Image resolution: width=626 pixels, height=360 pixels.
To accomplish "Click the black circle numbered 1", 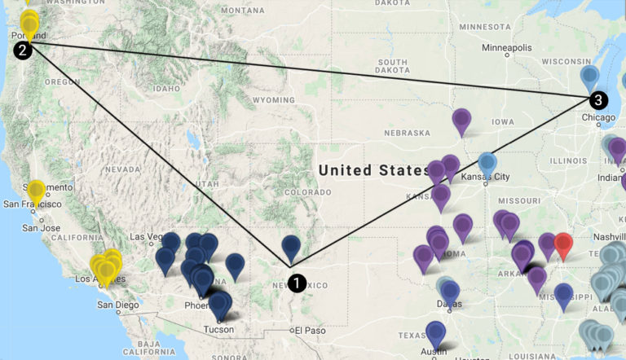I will pyautogui.click(x=298, y=283).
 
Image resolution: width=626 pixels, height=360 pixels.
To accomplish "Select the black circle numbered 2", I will pyautogui.click(x=23, y=50).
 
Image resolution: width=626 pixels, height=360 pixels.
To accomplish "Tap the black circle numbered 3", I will pyautogui.click(x=598, y=100).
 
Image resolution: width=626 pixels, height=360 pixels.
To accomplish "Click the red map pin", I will pyautogui.click(x=563, y=244).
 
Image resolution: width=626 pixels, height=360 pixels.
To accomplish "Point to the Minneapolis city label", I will pyautogui.click(x=505, y=48).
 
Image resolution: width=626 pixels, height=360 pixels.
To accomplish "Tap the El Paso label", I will pyautogui.click(x=310, y=330).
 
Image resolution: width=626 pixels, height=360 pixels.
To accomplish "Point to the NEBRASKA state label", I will pyautogui.click(x=407, y=133).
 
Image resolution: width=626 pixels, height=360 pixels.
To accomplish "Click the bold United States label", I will pyautogui.click(x=373, y=170).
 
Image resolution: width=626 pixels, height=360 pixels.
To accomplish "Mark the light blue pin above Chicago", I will pyautogui.click(x=591, y=79).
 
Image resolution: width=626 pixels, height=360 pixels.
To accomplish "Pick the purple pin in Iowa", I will pyautogui.click(x=462, y=121).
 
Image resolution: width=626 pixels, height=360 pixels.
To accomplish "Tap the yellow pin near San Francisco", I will pyautogui.click(x=36, y=192).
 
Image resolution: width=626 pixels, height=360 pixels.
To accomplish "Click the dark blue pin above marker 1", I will pyautogui.click(x=291, y=248).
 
